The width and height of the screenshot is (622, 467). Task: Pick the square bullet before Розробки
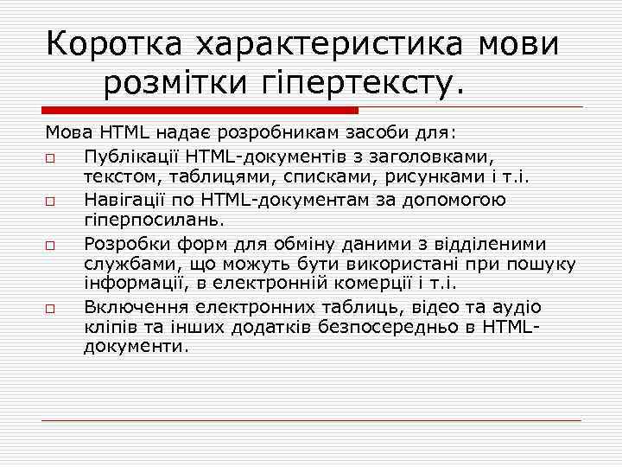coord(51,244)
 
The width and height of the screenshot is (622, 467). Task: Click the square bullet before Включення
coord(51,308)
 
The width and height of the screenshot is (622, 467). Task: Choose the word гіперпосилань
coord(149,221)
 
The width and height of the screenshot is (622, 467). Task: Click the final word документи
coord(135,348)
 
